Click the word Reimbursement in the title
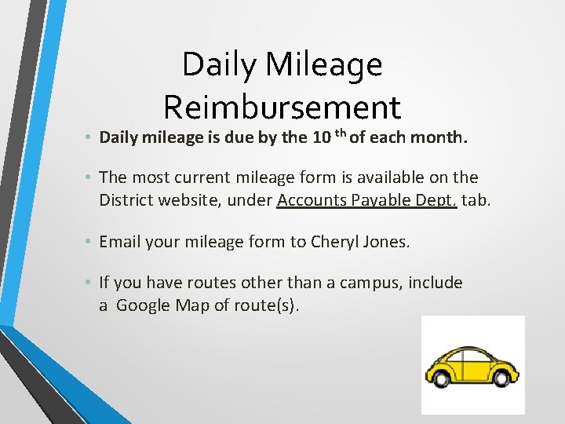coord(282,107)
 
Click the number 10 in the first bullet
coord(321,139)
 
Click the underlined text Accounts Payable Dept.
coord(367,200)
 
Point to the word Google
coord(146,305)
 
